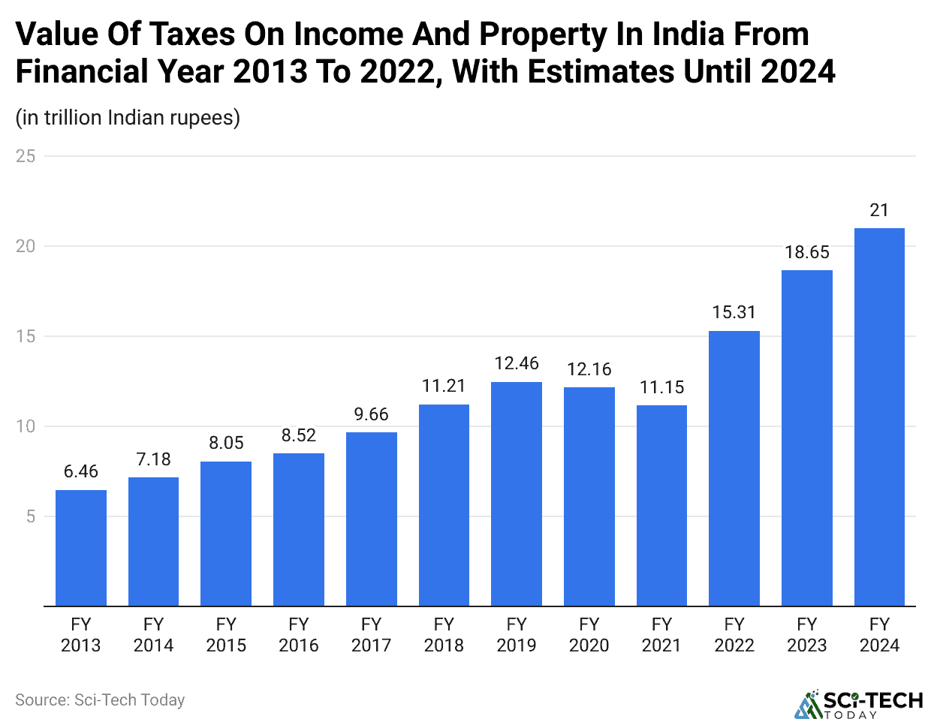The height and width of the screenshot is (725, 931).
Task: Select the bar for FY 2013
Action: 81,548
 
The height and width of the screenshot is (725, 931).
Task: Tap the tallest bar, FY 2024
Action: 879,417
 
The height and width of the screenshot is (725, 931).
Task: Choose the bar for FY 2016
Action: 299,529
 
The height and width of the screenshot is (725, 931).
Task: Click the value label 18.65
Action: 807,252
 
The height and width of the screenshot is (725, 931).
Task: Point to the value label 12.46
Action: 517,363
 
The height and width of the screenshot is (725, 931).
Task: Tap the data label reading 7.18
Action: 153,459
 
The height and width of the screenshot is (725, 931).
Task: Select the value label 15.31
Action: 734,312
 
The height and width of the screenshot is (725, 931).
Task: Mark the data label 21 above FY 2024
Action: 879,210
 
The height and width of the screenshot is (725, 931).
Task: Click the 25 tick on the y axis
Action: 26,156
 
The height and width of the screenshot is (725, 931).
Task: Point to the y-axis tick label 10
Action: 26,426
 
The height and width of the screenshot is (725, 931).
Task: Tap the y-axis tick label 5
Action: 31,516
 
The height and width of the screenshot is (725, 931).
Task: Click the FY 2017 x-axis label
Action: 371,635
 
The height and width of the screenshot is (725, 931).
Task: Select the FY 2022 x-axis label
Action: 734,635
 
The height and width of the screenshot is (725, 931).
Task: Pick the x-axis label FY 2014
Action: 153,635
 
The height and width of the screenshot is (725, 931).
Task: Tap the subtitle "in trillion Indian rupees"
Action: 128,118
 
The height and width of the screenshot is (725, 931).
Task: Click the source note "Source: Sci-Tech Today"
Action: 100,700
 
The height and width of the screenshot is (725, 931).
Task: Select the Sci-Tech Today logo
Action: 859,704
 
